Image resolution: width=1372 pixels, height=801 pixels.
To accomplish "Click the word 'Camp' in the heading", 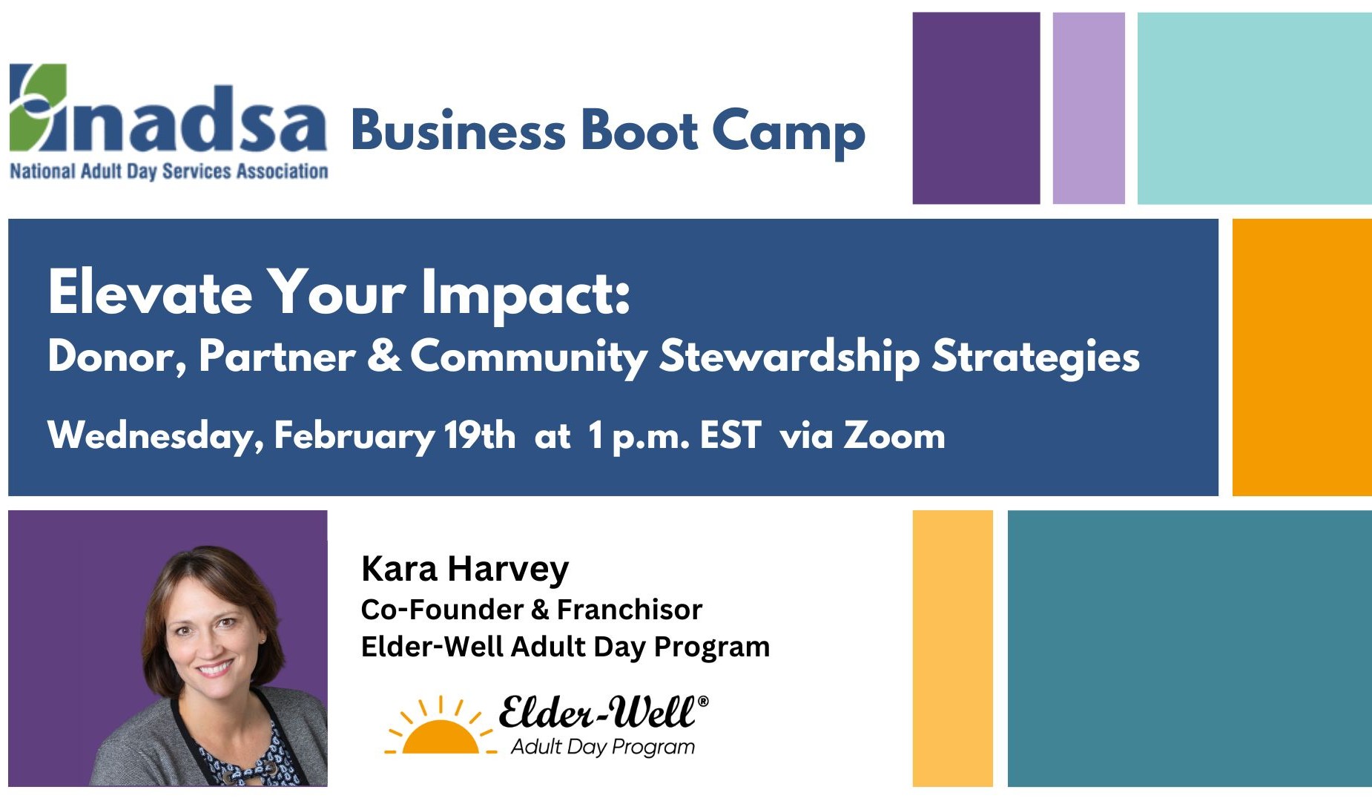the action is (789, 133).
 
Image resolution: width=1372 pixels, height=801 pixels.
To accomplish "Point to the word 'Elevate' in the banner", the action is (151, 292).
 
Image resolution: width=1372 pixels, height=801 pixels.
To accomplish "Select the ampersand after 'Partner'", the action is (384, 355).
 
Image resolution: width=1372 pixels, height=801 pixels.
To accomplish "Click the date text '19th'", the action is (480, 435).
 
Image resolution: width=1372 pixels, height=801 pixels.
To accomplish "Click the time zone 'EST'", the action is (730, 435).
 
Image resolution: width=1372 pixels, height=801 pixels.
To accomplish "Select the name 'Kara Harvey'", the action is (465, 570).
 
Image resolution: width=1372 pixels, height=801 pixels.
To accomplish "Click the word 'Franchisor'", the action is (630, 610).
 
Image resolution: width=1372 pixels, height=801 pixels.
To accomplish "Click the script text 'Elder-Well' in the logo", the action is (597, 712).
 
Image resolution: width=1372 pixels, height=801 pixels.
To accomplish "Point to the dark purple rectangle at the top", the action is (976, 108).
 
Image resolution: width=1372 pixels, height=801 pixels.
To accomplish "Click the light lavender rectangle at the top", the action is (1089, 108).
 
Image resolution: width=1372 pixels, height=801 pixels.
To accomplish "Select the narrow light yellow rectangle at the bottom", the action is (952, 648).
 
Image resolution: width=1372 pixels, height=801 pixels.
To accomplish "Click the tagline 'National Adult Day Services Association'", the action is (169, 171).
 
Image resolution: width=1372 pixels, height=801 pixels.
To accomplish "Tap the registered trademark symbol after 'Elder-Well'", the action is (703, 701).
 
